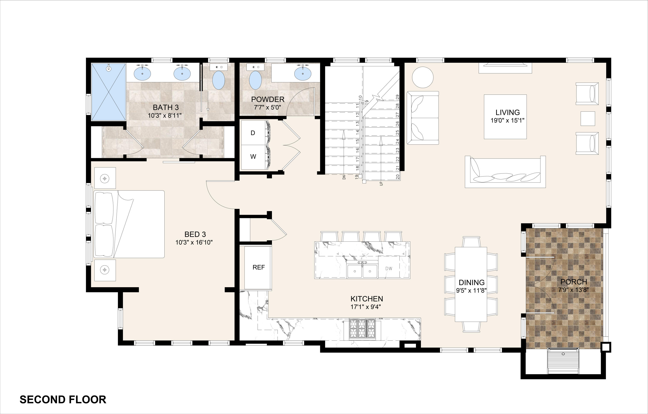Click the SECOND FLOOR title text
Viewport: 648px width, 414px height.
(63, 400)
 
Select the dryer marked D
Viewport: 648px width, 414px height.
(253, 133)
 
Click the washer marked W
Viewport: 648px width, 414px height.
(253, 157)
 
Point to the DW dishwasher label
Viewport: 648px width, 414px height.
(389, 268)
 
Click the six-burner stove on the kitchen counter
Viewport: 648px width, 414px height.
(362, 329)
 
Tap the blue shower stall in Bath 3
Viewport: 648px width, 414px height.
(108, 92)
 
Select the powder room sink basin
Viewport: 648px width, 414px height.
(303, 74)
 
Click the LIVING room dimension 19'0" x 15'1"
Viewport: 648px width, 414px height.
(507, 120)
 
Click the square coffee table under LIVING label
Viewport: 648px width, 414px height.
(505, 117)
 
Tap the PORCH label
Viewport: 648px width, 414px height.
(573, 282)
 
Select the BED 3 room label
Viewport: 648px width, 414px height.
(195, 234)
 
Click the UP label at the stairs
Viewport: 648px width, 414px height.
(381, 184)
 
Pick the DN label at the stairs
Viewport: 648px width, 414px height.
(344, 177)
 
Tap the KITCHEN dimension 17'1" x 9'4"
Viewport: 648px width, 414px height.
(367, 307)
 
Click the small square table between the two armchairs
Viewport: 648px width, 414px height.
(588, 119)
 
